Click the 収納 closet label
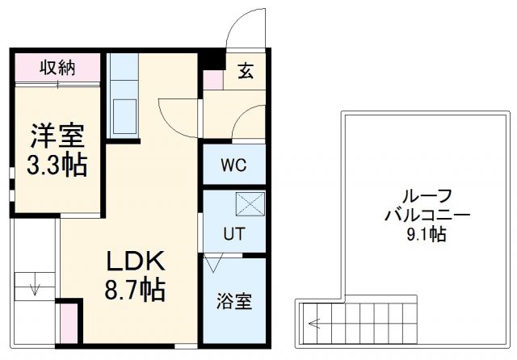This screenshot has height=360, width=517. [57, 68]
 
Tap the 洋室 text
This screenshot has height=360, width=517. [56, 132]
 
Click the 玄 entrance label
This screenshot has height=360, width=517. [246, 71]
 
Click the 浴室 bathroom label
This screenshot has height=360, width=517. [233, 301]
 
